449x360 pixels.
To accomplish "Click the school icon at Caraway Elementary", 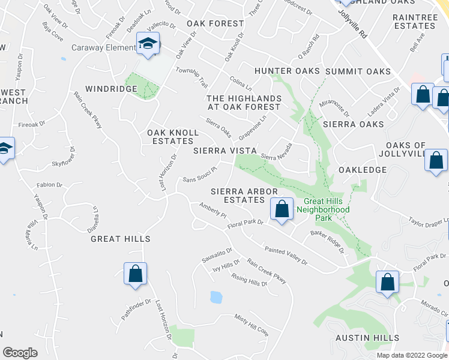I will tap(147, 44).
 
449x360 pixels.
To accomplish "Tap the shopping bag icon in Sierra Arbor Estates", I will tap(282, 209).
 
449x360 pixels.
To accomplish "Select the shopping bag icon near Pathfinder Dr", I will tap(136, 273).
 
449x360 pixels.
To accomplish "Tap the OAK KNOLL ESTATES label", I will tap(170, 136).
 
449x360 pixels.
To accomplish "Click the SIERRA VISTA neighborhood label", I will tap(225, 150).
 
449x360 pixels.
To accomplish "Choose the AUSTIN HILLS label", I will tap(364, 338).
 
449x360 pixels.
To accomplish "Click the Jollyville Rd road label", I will tap(352, 24).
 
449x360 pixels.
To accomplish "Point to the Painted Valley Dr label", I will tap(286, 256).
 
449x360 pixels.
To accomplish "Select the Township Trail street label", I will tap(191, 76).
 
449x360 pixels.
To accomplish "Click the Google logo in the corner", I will tap(20, 352).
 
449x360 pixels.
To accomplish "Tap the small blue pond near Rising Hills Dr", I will tap(215, 297).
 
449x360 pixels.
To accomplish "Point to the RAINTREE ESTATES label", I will tap(415, 22).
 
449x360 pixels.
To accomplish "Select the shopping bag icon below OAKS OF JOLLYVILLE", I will tap(436, 161).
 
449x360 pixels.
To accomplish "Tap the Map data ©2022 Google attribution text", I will tap(411, 355).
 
